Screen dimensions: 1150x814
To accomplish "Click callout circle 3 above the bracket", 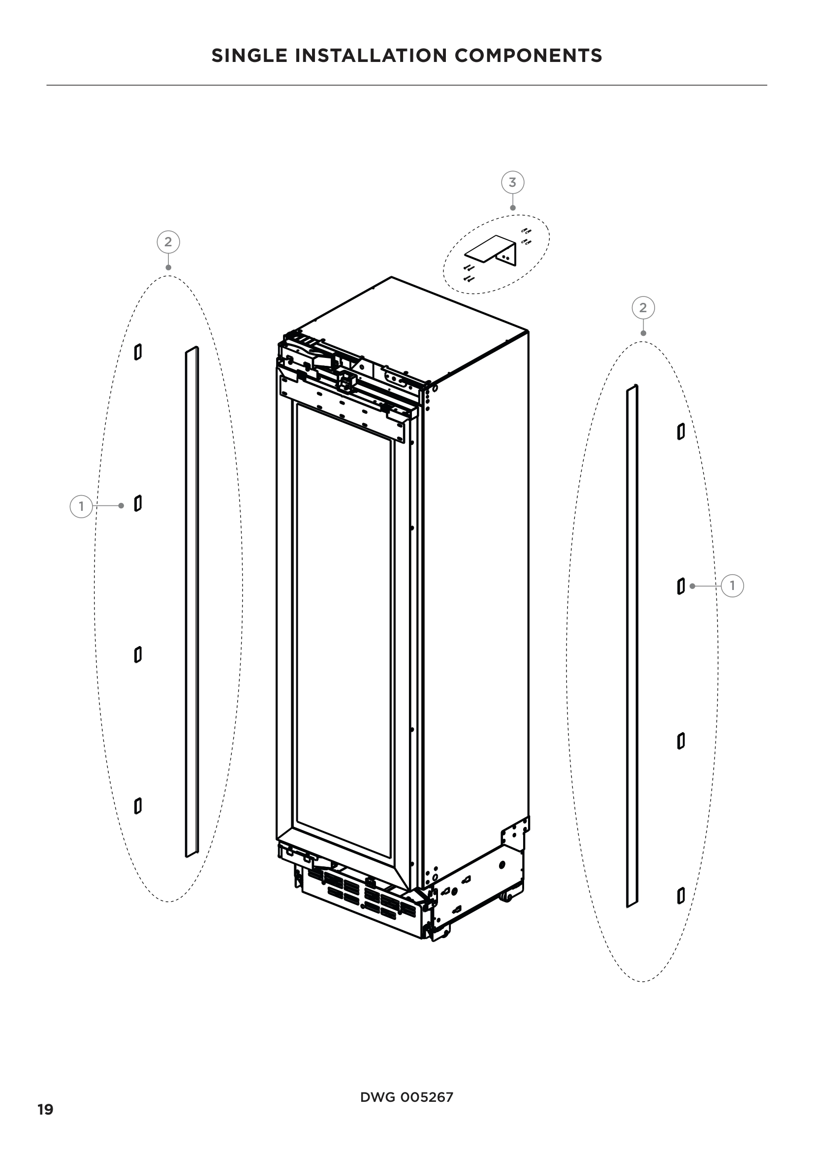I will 512,182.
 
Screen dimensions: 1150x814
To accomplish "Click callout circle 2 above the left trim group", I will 168,242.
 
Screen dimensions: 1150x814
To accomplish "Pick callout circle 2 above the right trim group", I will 643,307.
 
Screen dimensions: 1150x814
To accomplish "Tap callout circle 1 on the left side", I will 81,506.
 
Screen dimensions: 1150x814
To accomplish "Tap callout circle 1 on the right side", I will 732,586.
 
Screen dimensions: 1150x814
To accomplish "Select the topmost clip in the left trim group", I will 138,352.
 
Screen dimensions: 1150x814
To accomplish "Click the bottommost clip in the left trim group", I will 138,806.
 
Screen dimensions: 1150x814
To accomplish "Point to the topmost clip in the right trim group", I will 681,431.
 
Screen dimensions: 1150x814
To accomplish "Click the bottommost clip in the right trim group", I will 681,895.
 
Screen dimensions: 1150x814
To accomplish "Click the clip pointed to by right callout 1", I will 681,586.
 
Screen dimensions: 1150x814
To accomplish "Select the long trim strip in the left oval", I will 192,601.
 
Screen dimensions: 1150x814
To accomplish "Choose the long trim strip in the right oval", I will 632,646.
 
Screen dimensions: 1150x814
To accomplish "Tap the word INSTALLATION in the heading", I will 371,56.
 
